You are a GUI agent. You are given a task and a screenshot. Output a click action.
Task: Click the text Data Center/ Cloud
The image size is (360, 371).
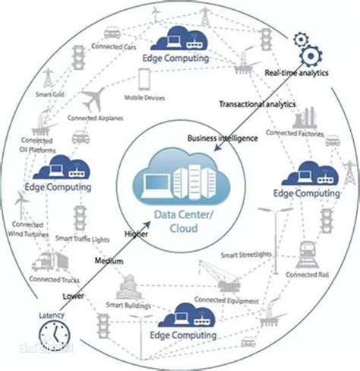click(177, 220)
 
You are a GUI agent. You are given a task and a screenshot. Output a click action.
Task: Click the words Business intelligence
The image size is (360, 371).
click(223, 138)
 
